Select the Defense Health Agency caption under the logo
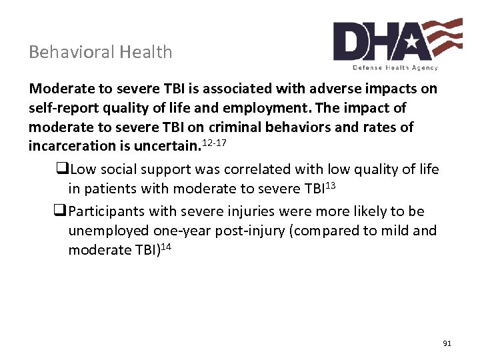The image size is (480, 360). [395, 68]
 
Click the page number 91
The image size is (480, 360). [447, 343]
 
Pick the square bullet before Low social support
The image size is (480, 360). [64, 169]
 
